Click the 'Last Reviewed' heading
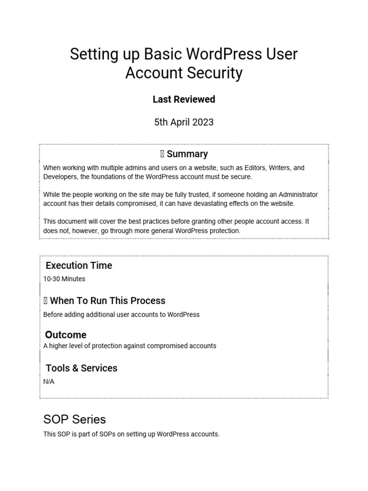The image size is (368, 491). (x=184, y=99)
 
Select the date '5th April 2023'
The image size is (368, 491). (x=184, y=122)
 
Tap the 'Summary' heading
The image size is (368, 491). (x=187, y=154)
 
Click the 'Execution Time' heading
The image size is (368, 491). (x=79, y=266)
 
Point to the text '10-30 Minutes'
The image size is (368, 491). (x=64, y=279)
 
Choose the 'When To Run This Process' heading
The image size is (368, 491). (x=107, y=301)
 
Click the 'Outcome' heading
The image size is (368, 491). (x=66, y=335)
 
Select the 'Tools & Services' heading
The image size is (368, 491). (x=81, y=368)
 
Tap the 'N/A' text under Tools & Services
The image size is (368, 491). (x=49, y=382)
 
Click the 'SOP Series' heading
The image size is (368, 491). (x=74, y=420)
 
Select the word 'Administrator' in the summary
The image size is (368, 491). (x=296, y=195)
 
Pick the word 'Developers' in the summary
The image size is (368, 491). (x=60, y=177)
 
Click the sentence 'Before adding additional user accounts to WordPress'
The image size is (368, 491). (x=121, y=315)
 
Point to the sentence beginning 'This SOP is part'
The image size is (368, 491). (x=131, y=434)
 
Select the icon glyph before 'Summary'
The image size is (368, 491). (x=162, y=154)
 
